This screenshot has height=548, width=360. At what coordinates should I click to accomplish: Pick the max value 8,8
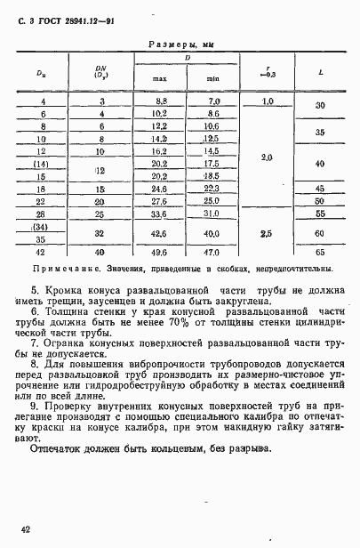[x=160, y=103]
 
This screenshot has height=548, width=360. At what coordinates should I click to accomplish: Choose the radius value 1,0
[x=267, y=103]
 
